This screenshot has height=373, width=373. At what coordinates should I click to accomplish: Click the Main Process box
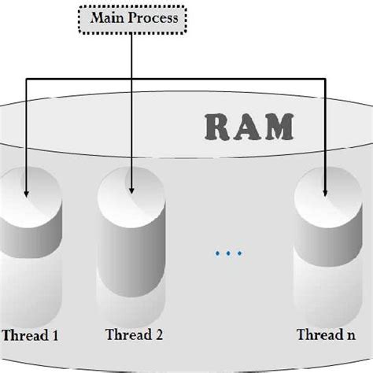(132, 17)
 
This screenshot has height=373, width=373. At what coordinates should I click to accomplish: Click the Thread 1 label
(30, 335)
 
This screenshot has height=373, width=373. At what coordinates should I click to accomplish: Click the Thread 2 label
(134, 335)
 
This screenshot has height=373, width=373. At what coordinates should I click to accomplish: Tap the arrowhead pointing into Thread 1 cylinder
(27, 191)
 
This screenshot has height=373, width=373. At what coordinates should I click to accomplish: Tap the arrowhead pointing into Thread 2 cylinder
(132, 191)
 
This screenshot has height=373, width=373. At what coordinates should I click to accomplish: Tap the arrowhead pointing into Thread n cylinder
(325, 191)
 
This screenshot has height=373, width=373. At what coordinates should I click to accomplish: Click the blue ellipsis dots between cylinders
(228, 253)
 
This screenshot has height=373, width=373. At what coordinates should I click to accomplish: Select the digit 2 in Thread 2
(159, 335)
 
